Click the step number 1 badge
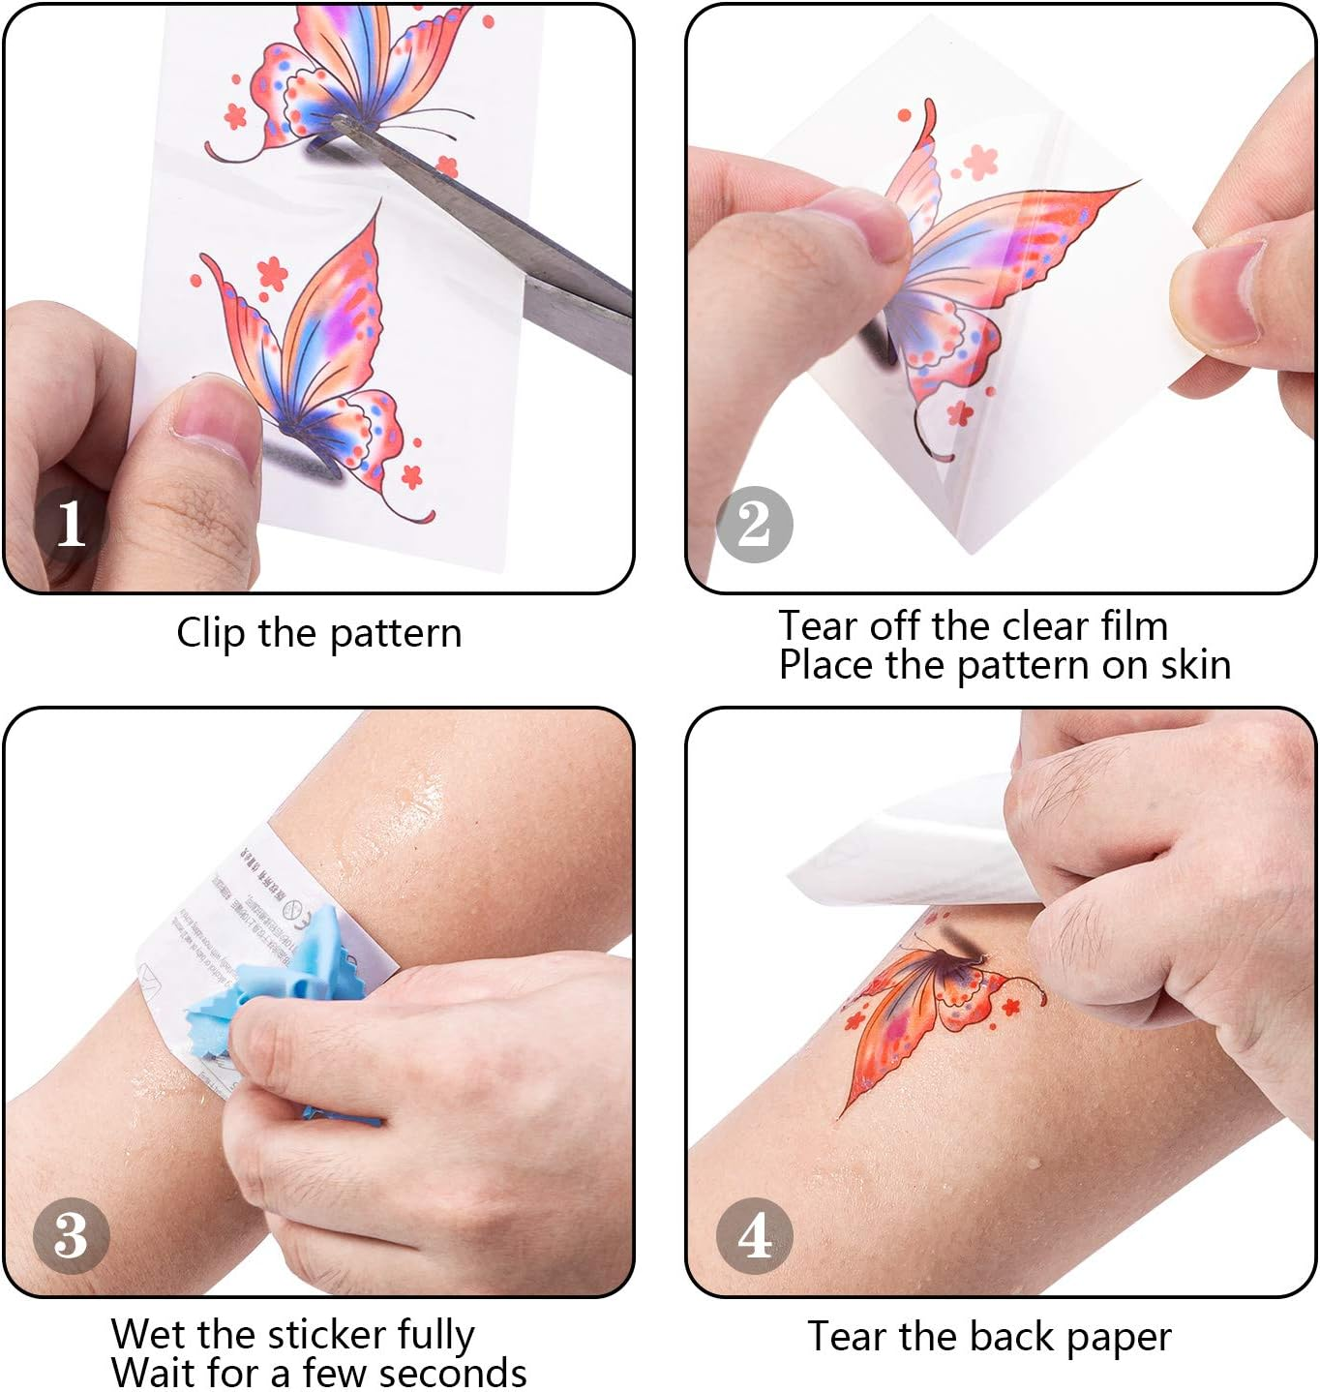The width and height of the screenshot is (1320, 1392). (70, 524)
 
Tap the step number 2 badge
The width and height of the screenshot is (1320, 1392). (754, 524)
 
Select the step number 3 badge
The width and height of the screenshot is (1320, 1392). (71, 1235)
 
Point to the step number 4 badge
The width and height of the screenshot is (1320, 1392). (754, 1235)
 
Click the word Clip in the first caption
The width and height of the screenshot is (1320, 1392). (210, 634)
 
